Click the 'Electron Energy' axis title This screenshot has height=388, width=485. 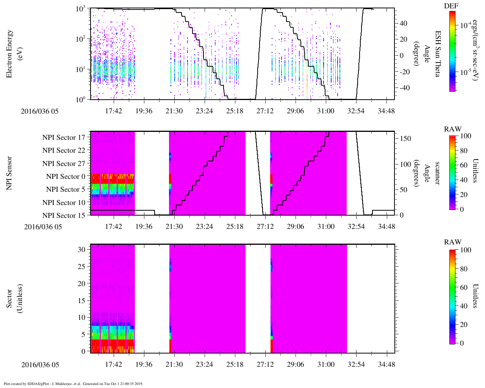coord(9,54)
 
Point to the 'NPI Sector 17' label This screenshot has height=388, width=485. coord(64,138)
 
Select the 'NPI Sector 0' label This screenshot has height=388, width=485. coord(66,177)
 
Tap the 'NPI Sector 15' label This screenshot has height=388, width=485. coord(64,216)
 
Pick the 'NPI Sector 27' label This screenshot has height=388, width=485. coord(64,164)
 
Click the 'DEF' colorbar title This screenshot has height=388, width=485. coord(451,6)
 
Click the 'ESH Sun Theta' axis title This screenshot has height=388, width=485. coord(437,54)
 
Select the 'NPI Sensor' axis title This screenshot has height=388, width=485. coord(9,173)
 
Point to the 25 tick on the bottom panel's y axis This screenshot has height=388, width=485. coord(81,266)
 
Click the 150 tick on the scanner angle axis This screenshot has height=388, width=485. coord(405,139)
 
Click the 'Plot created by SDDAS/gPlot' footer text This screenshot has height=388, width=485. coord(74,383)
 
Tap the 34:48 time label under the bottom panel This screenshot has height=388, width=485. coord(386,365)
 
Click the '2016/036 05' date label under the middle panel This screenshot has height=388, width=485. coord(43,227)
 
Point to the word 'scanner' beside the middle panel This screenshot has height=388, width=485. coord(437,173)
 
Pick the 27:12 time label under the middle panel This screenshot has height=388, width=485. coord(265,227)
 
